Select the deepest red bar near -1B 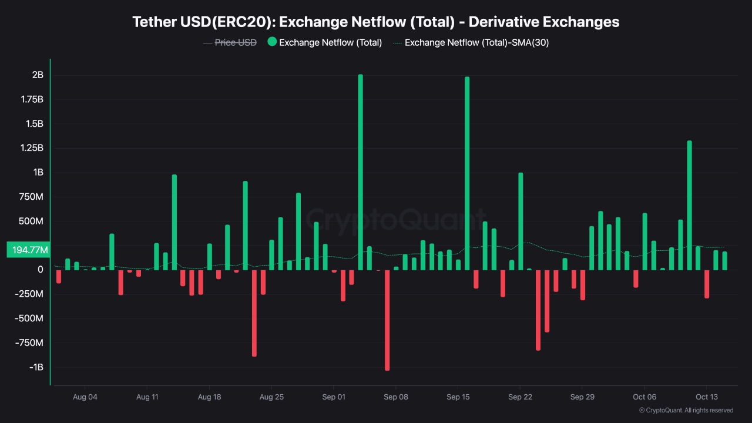coord(387,320)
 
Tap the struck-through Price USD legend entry coord(236,42)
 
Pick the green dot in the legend coord(272,42)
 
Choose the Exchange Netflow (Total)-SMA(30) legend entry coord(476,42)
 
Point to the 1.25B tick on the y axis coord(33,148)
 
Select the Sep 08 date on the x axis coord(396,397)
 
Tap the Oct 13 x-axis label coord(707,397)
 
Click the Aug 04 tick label coord(85,397)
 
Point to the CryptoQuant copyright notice coord(686,410)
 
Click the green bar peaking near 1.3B coord(689,206)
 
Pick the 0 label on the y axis coord(41,270)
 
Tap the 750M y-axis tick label coord(31,197)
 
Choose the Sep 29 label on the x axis coord(582,397)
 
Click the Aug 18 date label coord(209,397)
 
